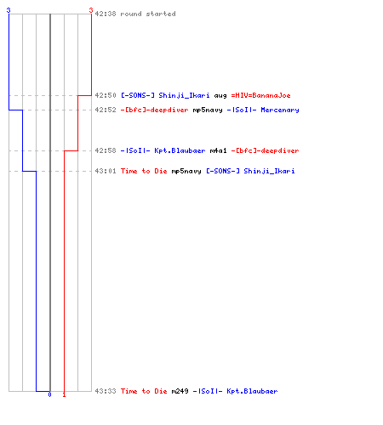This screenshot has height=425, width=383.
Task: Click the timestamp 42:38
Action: (106, 14)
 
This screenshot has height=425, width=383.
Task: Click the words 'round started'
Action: (148, 14)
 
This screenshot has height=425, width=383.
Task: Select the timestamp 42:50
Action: (106, 95)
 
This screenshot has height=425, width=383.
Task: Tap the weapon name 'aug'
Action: (220, 96)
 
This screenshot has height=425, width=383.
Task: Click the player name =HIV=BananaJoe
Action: (261, 95)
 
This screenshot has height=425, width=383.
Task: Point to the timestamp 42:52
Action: (106, 110)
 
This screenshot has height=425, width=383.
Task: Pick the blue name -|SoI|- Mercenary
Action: (263, 110)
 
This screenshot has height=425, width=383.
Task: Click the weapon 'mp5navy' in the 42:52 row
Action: (208, 110)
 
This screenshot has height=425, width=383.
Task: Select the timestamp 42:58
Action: (106, 150)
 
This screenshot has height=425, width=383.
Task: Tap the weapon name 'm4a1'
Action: (219, 150)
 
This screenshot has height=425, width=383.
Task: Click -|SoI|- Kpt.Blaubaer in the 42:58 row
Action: (163, 150)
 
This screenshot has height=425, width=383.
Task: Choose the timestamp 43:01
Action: (106, 171)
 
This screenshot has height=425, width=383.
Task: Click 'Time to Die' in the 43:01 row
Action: (144, 171)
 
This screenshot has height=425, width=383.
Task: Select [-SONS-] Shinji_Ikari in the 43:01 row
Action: (250, 171)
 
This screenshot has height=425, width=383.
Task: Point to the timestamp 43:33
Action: (106, 391)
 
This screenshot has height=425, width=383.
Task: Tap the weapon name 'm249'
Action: (180, 391)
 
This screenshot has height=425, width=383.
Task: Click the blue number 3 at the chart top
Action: (9, 10)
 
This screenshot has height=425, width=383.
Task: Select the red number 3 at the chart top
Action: (91, 10)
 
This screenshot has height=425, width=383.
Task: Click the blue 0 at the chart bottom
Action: (49, 394)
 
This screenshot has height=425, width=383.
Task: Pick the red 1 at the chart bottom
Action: (64, 394)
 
